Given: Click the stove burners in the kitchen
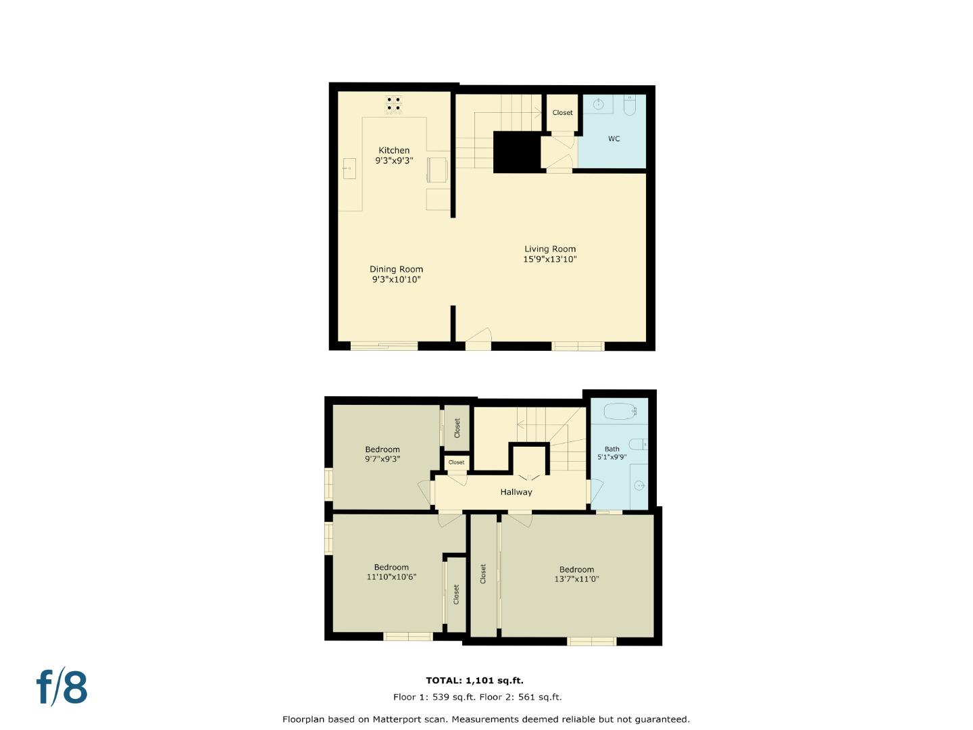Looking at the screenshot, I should pos(393,104).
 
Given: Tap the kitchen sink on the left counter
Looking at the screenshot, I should pos(349,168).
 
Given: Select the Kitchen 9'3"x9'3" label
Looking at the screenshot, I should pos(394,155).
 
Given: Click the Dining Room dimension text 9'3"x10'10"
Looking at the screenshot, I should pos(396,279).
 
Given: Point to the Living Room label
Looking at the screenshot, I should pos(550,249).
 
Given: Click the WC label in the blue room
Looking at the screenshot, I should pos(614,139).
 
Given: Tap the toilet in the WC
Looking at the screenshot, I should pos(630,105).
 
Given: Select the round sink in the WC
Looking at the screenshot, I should pos(598,104).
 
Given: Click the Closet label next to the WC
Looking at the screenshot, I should pos(562,113).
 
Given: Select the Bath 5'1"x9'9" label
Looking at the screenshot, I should pos(612,453).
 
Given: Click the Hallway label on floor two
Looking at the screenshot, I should pos(516,492).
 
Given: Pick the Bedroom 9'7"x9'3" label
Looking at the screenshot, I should pos(382,454).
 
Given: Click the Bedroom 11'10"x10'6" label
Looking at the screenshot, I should pos(391,573).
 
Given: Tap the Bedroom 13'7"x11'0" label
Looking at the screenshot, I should pos(576,574).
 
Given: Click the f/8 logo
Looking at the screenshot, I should pos(62,687).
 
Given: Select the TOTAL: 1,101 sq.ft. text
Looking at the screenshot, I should pos(474,681).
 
